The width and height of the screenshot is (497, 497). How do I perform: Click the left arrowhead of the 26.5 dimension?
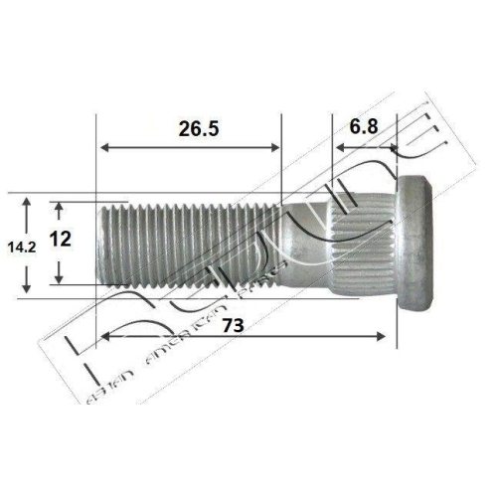click(102, 149)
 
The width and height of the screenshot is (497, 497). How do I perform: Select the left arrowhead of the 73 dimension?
click(102, 338)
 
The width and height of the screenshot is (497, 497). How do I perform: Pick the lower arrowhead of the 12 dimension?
click(61, 278)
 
